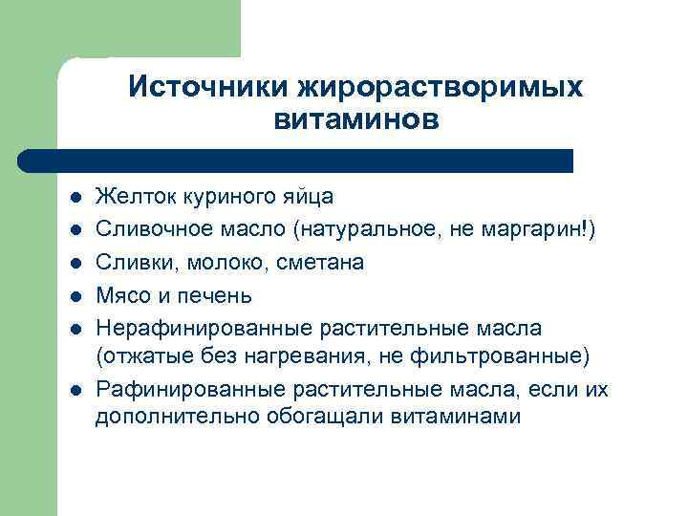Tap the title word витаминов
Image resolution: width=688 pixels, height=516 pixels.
(355, 120)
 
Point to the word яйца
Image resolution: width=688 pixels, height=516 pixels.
(307, 197)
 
